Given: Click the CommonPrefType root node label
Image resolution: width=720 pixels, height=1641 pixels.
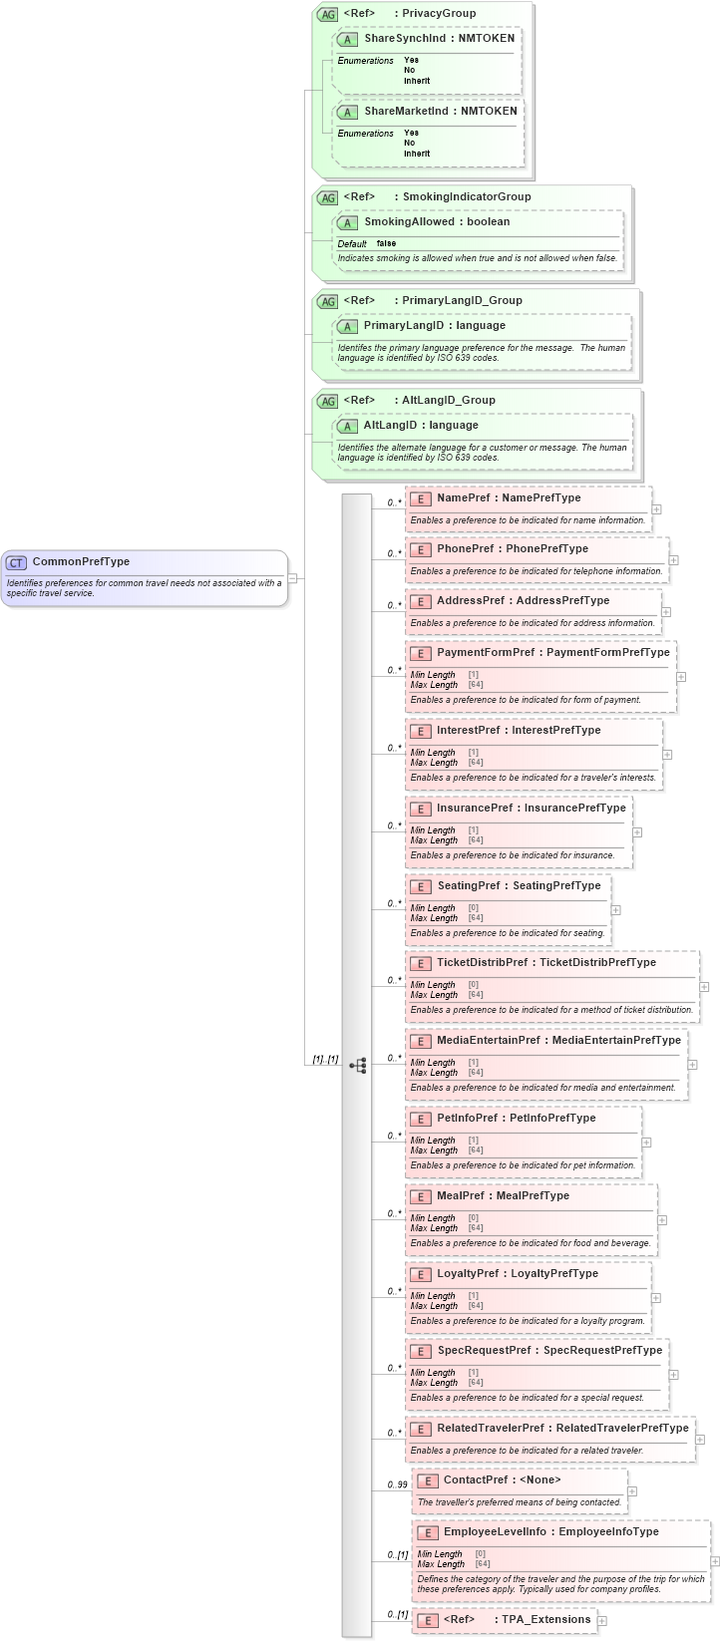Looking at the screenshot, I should [x=81, y=561].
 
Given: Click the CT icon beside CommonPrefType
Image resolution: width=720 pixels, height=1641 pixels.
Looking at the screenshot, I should [x=16, y=562].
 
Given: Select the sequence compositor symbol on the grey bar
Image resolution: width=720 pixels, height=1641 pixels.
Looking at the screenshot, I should [x=358, y=1066].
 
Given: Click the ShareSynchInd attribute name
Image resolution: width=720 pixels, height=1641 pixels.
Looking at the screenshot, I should [x=405, y=38].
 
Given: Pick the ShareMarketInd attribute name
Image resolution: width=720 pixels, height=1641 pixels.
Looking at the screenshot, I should [x=406, y=111].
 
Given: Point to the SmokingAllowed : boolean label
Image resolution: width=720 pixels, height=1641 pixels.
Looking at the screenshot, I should [x=437, y=221].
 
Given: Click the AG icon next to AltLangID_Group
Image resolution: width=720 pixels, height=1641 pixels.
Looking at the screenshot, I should [x=327, y=401].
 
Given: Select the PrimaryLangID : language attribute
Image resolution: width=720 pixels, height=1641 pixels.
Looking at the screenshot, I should [x=435, y=325].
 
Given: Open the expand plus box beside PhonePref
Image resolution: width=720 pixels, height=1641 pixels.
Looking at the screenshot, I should [x=674, y=560].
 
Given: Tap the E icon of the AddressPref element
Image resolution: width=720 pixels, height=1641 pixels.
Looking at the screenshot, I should [x=421, y=601].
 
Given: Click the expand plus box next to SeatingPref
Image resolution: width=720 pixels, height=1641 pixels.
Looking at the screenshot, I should [x=616, y=909].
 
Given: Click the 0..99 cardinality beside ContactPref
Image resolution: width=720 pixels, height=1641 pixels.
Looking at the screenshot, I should [x=397, y=1484].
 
